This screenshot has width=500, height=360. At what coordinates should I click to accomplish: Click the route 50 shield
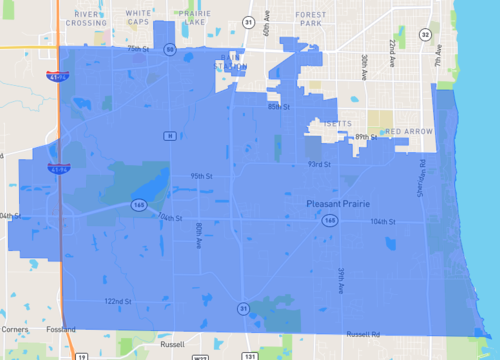[171, 49]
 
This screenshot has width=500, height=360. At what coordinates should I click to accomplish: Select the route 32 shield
[425, 34]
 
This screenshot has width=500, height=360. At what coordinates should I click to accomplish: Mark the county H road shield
[170, 135]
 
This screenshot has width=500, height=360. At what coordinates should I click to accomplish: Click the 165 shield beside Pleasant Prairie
[329, 220]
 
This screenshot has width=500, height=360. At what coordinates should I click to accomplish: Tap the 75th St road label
[137, 48]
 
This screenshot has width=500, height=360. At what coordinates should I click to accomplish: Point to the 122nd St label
[118, 301]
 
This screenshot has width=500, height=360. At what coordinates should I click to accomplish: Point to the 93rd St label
[319, 164]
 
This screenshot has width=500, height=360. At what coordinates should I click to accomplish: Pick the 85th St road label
[278, 105]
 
